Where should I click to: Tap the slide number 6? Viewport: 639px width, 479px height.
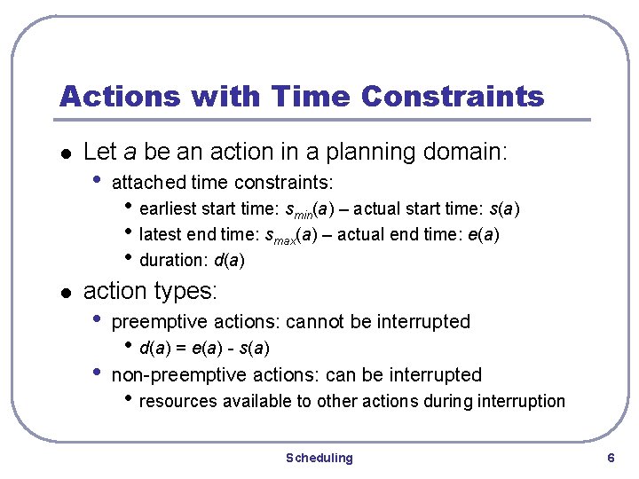tap(610, 458)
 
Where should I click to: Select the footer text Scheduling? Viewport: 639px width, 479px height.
tap(319, 458)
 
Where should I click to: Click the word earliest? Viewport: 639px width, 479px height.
tap(168, 209)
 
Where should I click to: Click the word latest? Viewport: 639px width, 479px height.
tap(161, 234)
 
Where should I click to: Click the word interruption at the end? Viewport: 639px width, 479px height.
tap(521, 401)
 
